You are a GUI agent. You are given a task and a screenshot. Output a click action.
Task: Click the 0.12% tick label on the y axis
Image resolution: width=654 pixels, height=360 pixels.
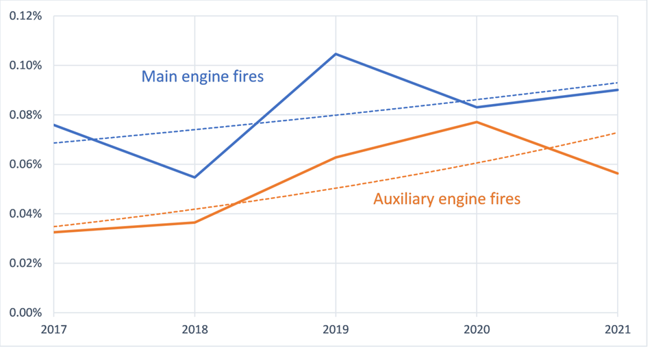tap(23, 16)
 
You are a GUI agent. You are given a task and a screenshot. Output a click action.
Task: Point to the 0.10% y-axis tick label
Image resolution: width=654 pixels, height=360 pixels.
tap(23, 66)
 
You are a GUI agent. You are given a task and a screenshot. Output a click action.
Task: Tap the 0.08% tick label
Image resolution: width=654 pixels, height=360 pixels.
tap(23, 115)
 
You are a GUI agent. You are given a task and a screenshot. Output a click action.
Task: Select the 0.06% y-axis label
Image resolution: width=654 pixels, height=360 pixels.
tap(23, 164)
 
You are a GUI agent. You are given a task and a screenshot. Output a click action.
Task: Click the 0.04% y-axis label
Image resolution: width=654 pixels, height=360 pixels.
tap(23, 214)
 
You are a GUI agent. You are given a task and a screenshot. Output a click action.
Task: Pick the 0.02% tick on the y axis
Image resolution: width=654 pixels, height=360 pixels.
tap(23, 263)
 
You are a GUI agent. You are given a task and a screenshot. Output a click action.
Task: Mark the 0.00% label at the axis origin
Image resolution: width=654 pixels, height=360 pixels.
tap(23, 313)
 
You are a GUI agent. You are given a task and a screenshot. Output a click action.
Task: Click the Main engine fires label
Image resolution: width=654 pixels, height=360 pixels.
tap(202, 76)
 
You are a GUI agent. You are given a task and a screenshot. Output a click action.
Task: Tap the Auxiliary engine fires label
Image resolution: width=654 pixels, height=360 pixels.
tap(447, 199)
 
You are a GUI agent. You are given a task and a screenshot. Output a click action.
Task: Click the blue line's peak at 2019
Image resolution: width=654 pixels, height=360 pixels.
tap(336, 54)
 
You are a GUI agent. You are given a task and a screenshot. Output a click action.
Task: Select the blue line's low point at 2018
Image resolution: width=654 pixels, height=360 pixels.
tap(195, 177)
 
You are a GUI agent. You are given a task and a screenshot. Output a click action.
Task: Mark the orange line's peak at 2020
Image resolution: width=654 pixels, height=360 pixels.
tap(477, 122)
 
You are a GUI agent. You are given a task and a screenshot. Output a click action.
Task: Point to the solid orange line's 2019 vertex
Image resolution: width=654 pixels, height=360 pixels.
tap(336, 157)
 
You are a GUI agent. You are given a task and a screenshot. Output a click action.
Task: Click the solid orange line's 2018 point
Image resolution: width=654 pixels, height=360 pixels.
tap(195, 222)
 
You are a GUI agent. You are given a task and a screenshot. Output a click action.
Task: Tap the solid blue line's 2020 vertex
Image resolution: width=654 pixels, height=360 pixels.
tap(477, 107)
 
